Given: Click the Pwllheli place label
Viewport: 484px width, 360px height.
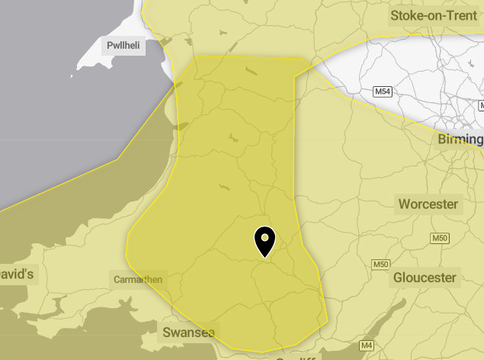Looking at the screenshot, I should point(123,45).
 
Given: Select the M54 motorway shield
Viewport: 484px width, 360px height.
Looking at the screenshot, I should point(384,92).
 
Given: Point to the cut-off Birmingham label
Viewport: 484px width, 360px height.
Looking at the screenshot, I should point(460,140).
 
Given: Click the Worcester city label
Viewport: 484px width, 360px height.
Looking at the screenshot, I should point(428,204).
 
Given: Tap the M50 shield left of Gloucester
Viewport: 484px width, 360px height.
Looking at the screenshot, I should point(381,264).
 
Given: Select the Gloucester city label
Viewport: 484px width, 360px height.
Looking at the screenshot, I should point(425,278).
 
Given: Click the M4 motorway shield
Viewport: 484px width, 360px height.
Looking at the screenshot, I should point(367,346).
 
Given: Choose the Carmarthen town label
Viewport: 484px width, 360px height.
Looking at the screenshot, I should point(137,279).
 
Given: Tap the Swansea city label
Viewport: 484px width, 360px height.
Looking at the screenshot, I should point(189,333).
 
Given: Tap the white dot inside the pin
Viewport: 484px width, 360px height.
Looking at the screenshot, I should point(264,238).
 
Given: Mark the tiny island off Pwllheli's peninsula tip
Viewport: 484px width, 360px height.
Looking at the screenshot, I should point(73,75).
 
